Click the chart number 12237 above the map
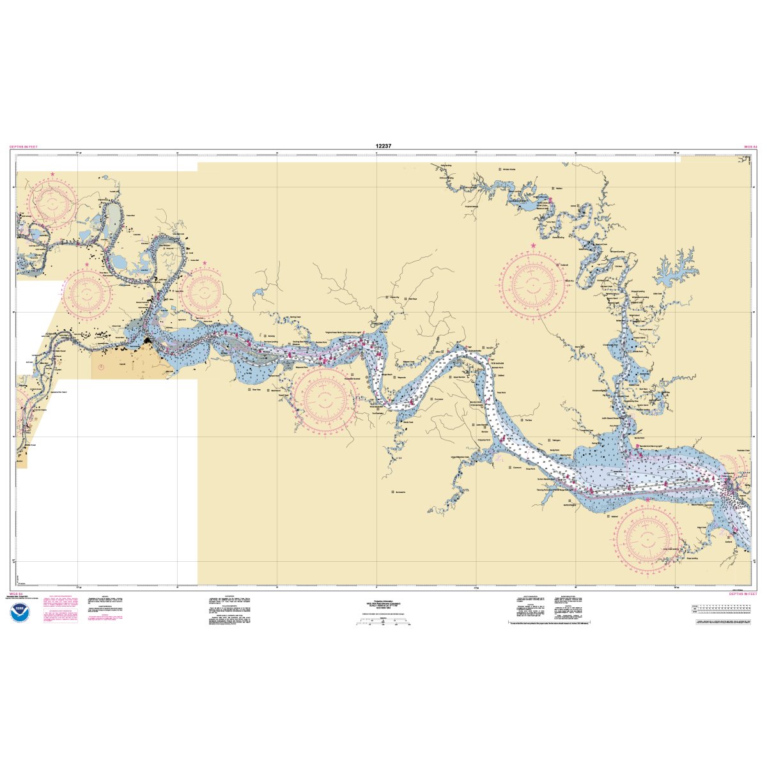pos(383,146)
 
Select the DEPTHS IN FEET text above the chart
pos(24,147)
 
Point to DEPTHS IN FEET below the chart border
pos(743,594)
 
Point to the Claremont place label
pos(517,467)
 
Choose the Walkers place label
pos(557,189)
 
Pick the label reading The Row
pos(527,420)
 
